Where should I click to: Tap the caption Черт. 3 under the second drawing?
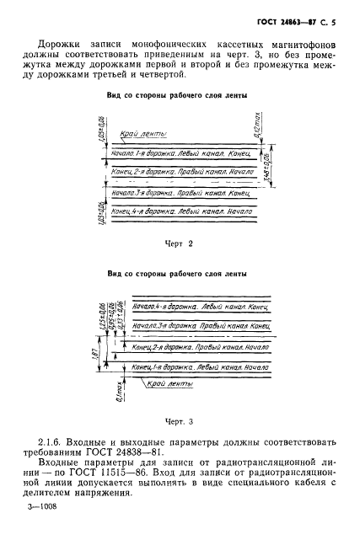tap(179, 420)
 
